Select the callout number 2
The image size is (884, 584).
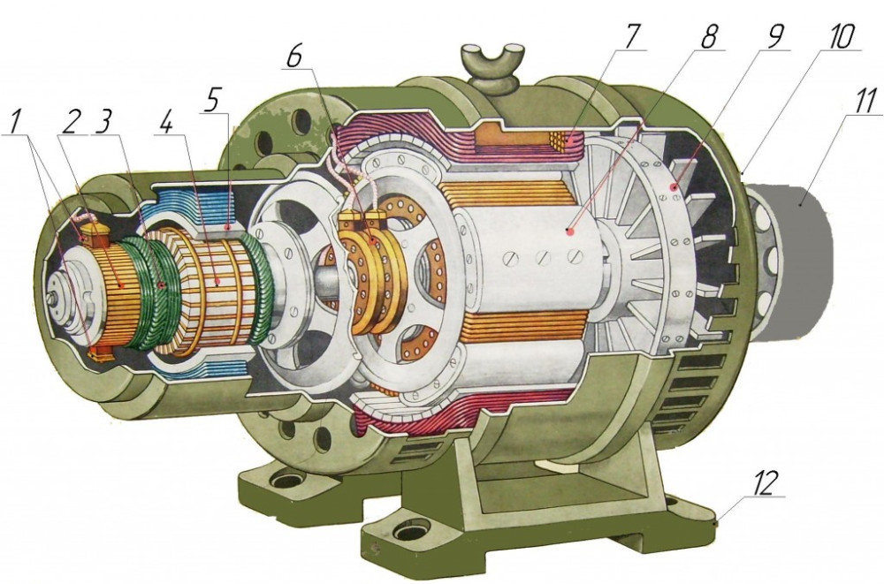(70, 121)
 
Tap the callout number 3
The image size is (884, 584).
(103, 121)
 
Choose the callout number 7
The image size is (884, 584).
(632, 35)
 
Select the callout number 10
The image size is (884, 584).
(838, 35)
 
